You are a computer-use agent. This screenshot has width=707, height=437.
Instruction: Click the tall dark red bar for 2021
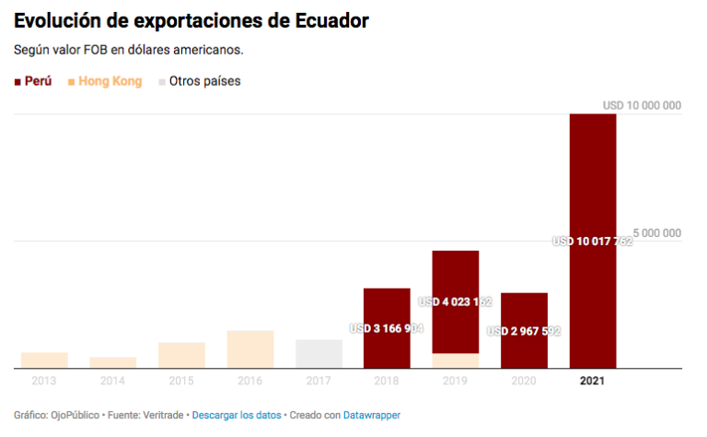593,184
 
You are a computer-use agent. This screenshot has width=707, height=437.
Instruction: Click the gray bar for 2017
319,354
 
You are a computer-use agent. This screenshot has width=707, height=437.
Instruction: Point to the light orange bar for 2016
250,349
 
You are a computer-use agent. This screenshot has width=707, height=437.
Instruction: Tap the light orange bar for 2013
44,360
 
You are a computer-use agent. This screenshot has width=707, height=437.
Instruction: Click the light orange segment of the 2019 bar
455,360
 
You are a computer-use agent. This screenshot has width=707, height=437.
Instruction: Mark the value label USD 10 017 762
593,242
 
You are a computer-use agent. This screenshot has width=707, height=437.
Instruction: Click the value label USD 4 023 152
455,301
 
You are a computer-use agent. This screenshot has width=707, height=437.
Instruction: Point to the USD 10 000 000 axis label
642,106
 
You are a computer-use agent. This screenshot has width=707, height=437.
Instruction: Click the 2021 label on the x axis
593,380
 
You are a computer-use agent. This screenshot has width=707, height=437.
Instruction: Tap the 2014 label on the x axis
112,380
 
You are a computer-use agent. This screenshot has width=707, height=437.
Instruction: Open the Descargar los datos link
237,416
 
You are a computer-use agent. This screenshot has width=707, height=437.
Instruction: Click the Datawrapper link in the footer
372,416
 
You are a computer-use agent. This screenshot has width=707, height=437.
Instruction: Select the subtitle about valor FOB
129,49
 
